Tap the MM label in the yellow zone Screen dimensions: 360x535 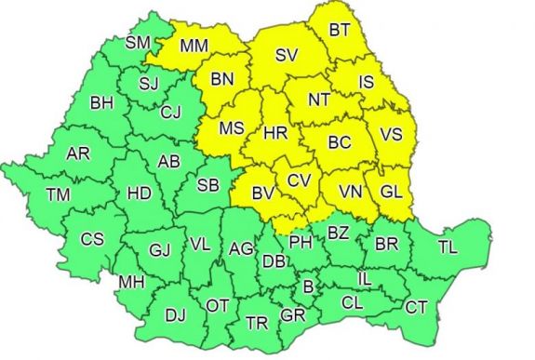point(194,45)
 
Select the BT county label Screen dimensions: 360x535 point(340,31)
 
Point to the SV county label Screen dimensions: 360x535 point(287,57)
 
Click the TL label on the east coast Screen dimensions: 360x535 point(448,247)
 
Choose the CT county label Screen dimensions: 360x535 point(418,306)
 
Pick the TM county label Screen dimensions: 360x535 point(58,195)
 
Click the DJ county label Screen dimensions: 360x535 point(175,315)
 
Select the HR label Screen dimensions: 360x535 point(274,134)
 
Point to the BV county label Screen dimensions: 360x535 point(262,193)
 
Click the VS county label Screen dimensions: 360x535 point(391,135)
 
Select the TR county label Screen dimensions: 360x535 point(256,323)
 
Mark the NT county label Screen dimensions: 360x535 point(321,98)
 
